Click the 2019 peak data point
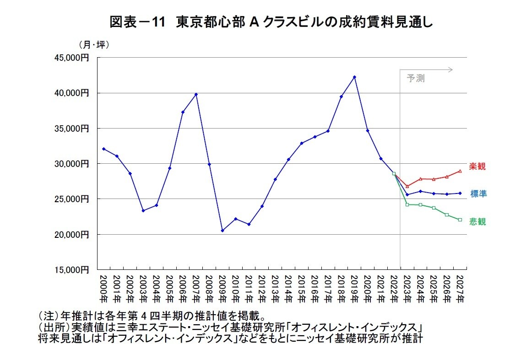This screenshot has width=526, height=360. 354,77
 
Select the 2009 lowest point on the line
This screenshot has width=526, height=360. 222,231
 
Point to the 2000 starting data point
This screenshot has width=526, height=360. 104,149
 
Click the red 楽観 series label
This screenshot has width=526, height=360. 477,167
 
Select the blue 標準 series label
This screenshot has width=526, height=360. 478,194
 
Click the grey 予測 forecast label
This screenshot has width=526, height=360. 416,78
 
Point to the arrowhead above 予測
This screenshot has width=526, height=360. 451,70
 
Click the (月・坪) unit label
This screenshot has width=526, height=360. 94,45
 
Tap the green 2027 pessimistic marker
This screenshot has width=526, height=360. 460,220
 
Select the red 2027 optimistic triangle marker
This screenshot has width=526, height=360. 460,171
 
